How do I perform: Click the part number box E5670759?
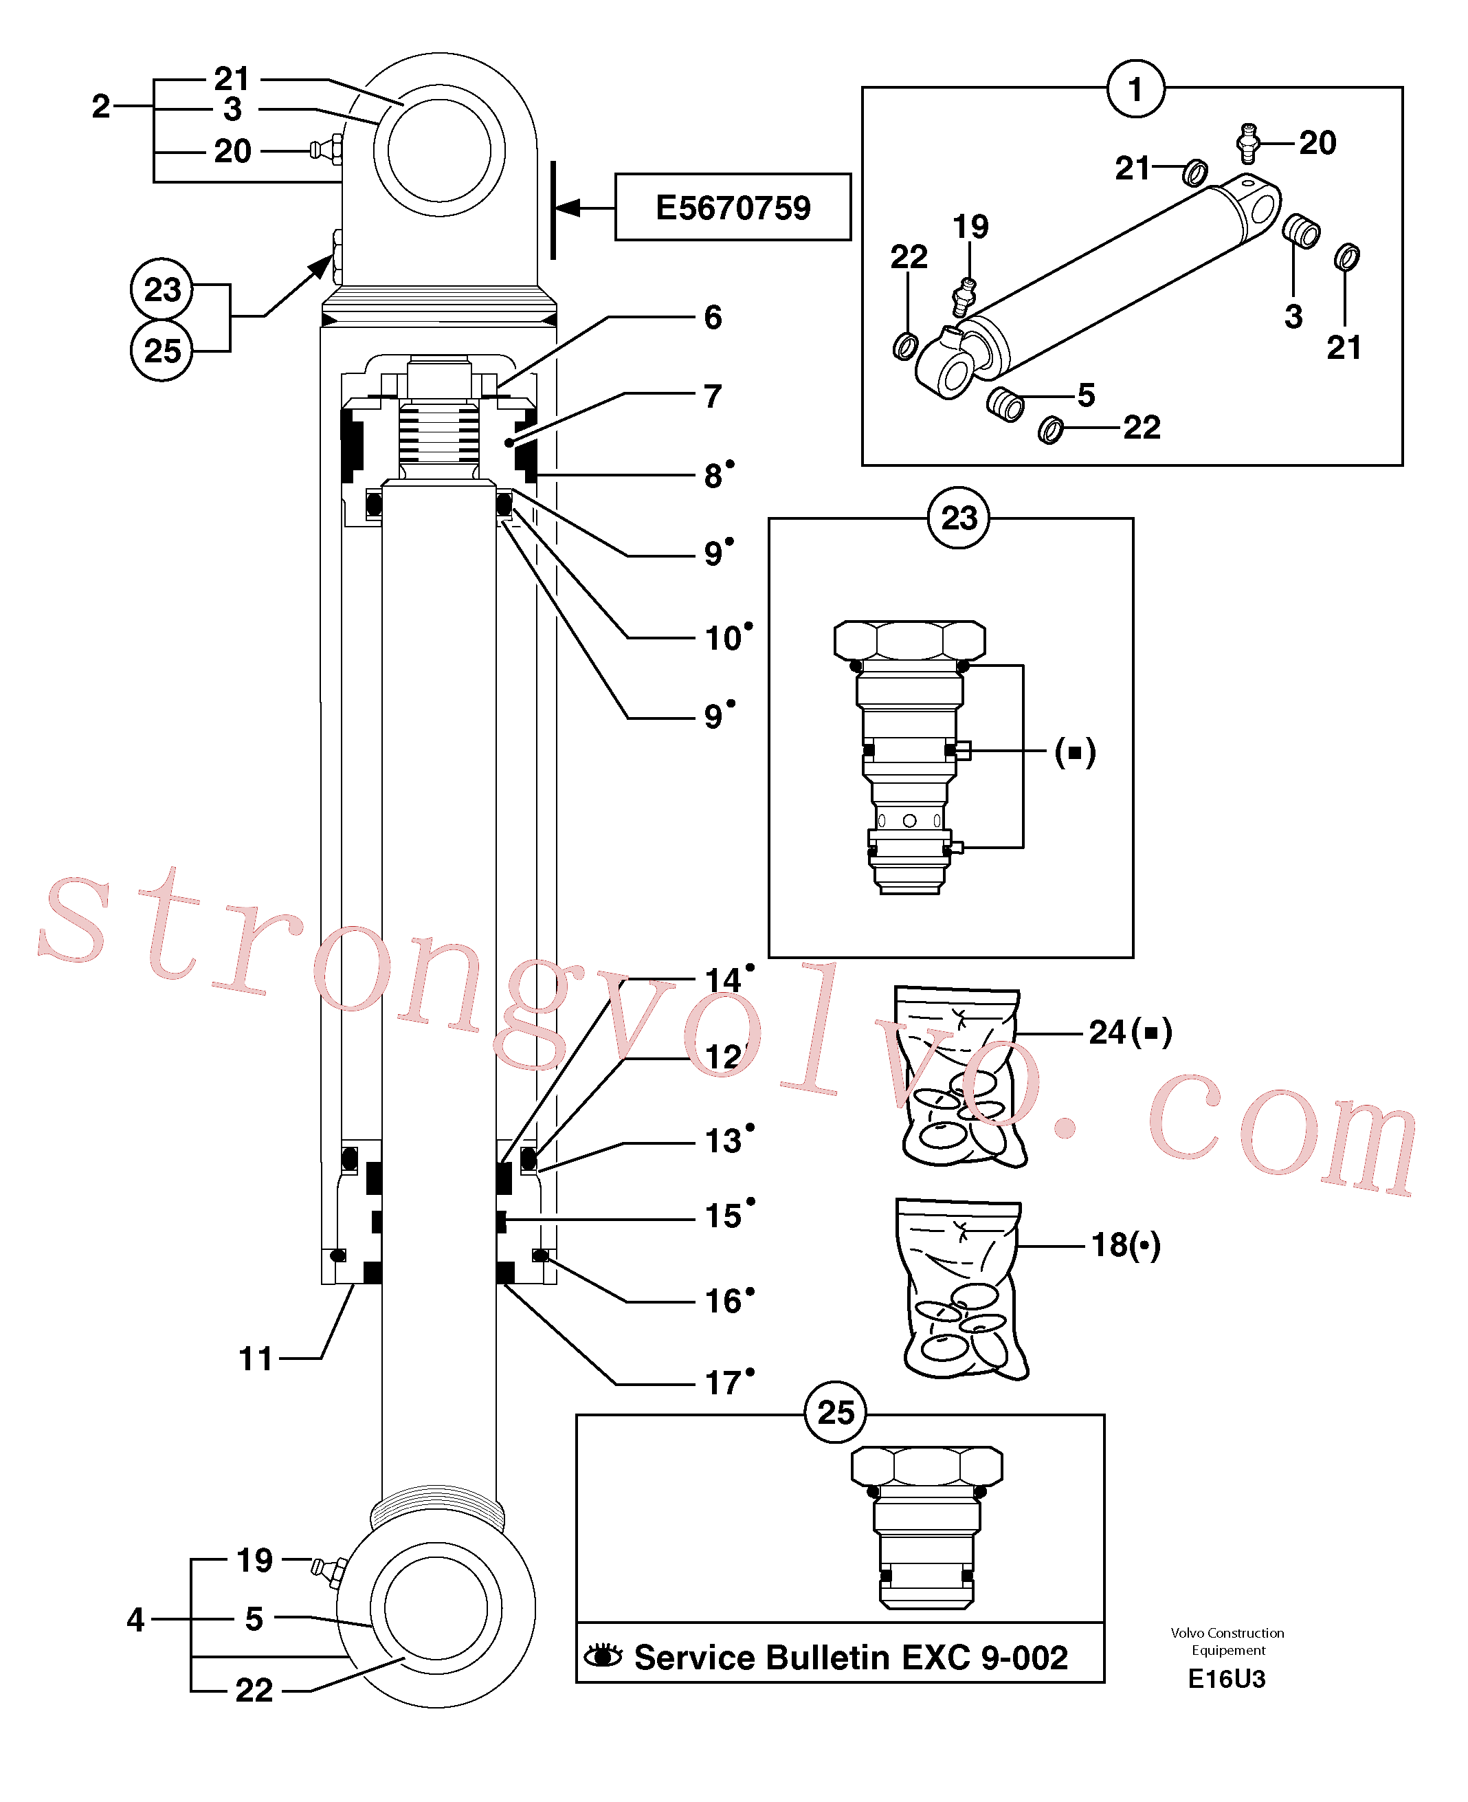tap(733, 207)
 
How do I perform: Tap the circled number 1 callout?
tap(1135, 89)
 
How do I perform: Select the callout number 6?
tap(713, 317)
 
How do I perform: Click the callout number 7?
tap(713, 396)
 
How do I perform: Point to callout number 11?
tap(256, 1359)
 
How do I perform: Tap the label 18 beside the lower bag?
tap(1109, 1245)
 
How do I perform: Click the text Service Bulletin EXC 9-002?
tap(851, 1658)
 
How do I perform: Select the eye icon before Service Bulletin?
tap(603, 1656)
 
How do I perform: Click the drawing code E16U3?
tap(1226, 1678)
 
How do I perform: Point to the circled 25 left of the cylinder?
tap(162, 350)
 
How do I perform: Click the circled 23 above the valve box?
tap(959, 518)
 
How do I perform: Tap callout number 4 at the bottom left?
tap(135, 1619)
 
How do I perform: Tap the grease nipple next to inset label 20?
tap(1248, 142)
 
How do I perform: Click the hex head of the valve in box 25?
tap(927, 1465)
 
